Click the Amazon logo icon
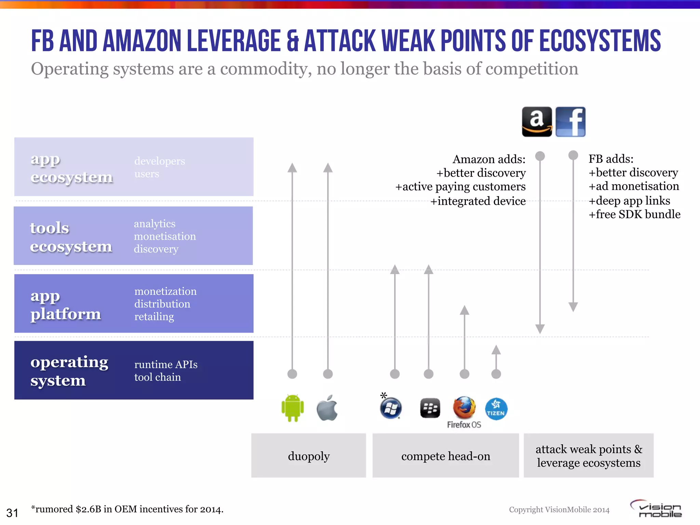pyautogui.click(x=537, y=122)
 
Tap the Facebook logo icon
pyautogui.click(x=570, y=122)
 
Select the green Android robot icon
pyautogui.click(x=293, y=408)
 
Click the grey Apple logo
pyautogui.click(x=327, y=408)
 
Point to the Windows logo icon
pyautogui.click(x=391, y=408)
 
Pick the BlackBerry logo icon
pyautogui.click(x=430, y=408)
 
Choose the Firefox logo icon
pyautogui.click(x=464, y=408)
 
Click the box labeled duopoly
pyautogui.click(x=309, y=456)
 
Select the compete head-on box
pyautogui.click(x=446, y=456)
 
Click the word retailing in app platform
pyautogui.click(x=154, y=317)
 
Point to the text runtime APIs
pyautogui.click(x=166, y=364)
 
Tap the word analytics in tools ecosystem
pyautogui.click(x=154, y=224)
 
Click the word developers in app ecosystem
pyautogui.click(x=160, y=161)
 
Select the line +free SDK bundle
pyautogui.click(x=634, y=214)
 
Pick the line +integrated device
pyautogui.click(x=478, y=201)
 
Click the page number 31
pyautogui.click(x=12, y=513)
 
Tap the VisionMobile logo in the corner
pyautogui.click(x=657, y=509)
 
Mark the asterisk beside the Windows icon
pyautogui.click(x=383, y=396)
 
